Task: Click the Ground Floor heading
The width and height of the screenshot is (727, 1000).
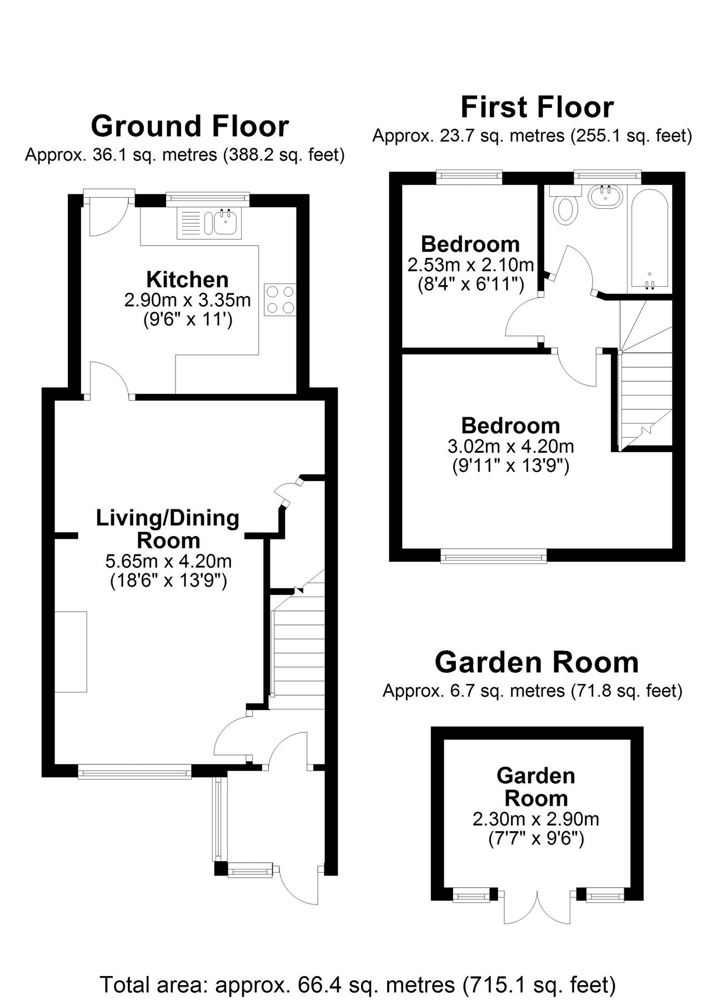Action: [x=189, y=126]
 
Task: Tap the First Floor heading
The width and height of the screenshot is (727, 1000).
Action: [x=537, y=107]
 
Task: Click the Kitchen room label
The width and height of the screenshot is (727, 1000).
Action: [x=187, y=279]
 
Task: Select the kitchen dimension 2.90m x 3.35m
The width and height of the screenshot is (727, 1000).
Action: [x=187, y=301]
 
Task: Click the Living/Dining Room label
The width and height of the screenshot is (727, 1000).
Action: [x=168, y=528]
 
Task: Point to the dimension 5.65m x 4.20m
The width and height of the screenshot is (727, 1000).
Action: [x=168, y=561]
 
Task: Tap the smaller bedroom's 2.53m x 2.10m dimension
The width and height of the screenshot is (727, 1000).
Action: [x=470, y=264]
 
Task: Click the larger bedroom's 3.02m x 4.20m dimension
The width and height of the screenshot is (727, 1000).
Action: [x=510, y=446]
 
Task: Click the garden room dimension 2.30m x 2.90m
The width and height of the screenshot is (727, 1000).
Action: [x=535, y=819]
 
